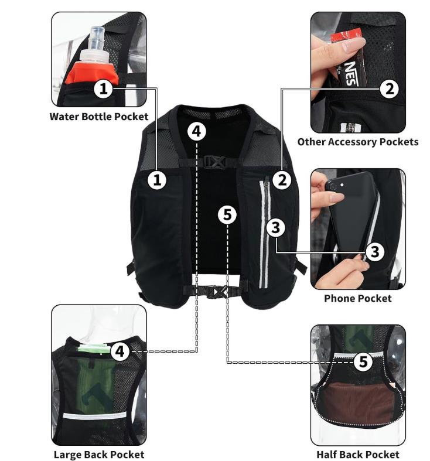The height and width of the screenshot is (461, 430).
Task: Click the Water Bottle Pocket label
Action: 98,116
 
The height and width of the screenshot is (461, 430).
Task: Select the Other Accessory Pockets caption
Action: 357,142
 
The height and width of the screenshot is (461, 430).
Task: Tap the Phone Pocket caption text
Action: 357,298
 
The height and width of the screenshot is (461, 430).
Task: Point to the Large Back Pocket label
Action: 98,454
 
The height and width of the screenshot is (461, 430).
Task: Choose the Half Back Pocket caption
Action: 357,454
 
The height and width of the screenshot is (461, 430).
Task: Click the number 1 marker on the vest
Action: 157,179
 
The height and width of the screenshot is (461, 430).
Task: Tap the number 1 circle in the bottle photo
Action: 103,89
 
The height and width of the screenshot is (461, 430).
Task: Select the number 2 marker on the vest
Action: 282,179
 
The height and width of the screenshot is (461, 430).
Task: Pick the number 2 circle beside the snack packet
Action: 389,89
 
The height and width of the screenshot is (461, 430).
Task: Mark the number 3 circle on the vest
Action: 277,227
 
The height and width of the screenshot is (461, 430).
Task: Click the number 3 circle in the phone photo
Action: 375,252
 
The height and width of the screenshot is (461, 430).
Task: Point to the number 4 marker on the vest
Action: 197,131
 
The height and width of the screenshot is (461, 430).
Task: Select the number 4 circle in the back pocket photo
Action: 120,351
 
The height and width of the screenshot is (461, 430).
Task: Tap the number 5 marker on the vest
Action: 227,214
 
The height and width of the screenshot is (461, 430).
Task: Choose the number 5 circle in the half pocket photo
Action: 363,362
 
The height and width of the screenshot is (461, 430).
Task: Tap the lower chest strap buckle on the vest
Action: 219,291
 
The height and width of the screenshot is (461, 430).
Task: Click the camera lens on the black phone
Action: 334,186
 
